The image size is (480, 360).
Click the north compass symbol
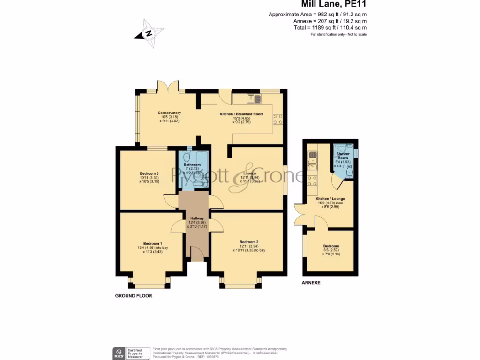click(x=149, y=33)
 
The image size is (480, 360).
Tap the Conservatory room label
click(x=169, y=113)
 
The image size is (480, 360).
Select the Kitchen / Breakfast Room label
click(x=241, y=114)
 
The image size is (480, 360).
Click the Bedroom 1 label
click(x=153, y=243)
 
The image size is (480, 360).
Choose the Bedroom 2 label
click(x=249, y=242)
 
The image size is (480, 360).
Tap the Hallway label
click(x=197, y=218)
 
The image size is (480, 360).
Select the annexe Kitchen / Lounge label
click(x=331, y=199)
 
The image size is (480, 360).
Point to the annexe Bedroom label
click(x=331, y=246)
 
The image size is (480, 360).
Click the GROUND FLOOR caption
click(x=134, y=296)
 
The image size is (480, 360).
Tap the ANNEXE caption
click(x=311, y=283)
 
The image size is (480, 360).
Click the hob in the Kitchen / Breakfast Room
click(x=277, y=119)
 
